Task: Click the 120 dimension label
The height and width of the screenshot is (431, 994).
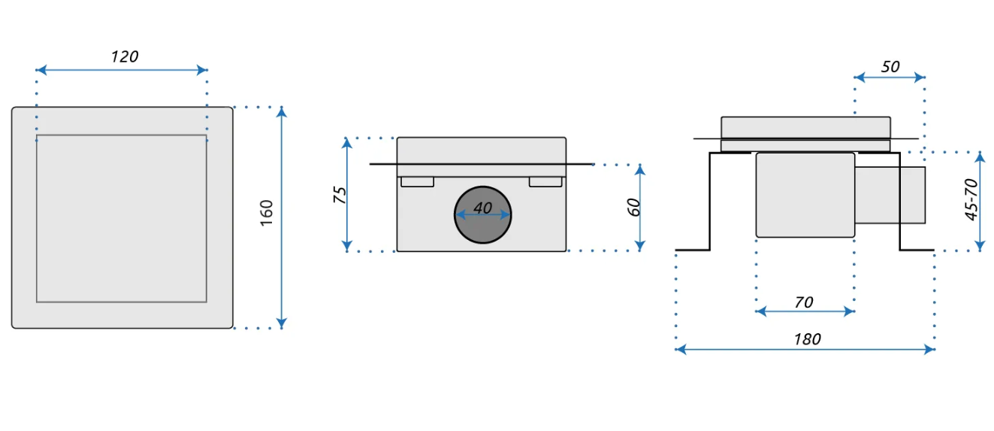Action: [125, 56]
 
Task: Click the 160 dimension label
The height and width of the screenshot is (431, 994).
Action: [267, 214]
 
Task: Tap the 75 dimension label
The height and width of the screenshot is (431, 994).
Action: [340, 195]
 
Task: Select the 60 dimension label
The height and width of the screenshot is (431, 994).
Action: [634, 207]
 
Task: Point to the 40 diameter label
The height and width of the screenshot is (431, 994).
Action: [482, 208]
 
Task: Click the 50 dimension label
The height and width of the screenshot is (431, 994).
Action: [890, 67]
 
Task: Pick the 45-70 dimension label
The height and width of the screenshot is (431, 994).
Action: [971, 199]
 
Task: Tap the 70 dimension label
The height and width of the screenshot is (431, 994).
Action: [804, 302]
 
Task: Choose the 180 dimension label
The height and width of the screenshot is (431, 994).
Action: [807, 339]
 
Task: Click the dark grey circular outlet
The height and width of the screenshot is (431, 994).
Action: [482, 227]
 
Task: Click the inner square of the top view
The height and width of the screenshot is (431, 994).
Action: [122, 218]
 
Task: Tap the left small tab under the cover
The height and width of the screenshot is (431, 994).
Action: [417, 182]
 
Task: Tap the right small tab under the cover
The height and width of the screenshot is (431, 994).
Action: [545, 182]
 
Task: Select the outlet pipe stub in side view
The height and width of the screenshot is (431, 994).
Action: [890, 195]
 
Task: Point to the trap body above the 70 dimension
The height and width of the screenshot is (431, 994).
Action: [805, 195]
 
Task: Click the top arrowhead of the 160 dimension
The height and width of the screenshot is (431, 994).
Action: [282, 111]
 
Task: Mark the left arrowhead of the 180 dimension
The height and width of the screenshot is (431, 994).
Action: [680, 349]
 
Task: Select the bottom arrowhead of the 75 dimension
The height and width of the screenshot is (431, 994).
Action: [347, 246]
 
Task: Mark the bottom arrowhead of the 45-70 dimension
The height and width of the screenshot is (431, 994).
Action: [980, 246]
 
